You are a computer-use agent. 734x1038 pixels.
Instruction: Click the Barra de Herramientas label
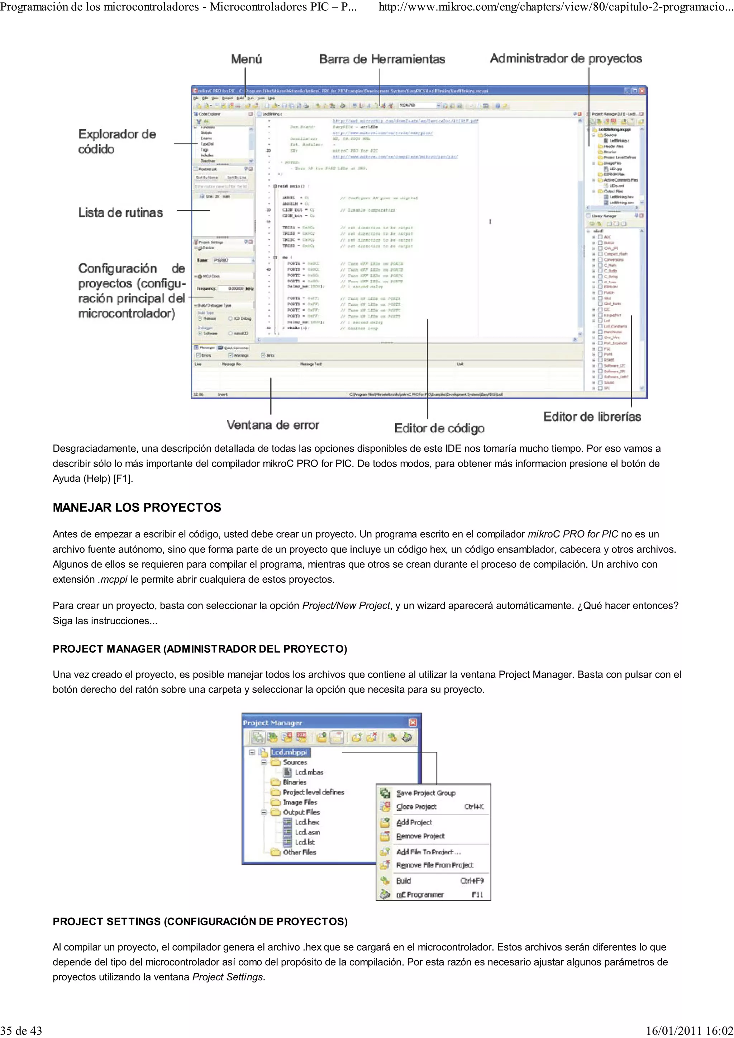click(x=382, y=59)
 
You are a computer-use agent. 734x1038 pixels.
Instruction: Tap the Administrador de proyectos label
click(x=566, y=58)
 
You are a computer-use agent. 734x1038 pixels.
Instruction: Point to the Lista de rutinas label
click(x=120, y=212)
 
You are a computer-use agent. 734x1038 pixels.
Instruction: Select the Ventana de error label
click(x=273, y=425)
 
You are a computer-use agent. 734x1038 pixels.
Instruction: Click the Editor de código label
click(x=439, y=428)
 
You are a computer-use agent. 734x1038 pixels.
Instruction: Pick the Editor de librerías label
click(x=592, y=416)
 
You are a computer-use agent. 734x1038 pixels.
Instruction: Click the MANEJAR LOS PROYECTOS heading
click(x=137, y=507)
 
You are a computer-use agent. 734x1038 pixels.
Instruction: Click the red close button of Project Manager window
click(x=413, y=722)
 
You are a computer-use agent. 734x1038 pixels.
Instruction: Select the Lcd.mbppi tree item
click(x=290, y=752)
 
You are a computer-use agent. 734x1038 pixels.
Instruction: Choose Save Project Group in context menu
click(x=425, y=793)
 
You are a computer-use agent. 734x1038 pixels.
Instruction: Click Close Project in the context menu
click(x=416, y=807)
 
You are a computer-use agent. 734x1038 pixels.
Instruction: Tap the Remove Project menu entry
click(x=420, y=836)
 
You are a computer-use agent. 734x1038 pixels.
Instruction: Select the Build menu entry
click(x=404, y=880)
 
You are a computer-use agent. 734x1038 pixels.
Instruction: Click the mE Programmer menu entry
click(x=420, y=894)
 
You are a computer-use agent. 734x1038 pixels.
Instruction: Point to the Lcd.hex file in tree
click(x=307, y=822)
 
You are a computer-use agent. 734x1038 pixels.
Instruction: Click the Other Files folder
click(x=299, y=852)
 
